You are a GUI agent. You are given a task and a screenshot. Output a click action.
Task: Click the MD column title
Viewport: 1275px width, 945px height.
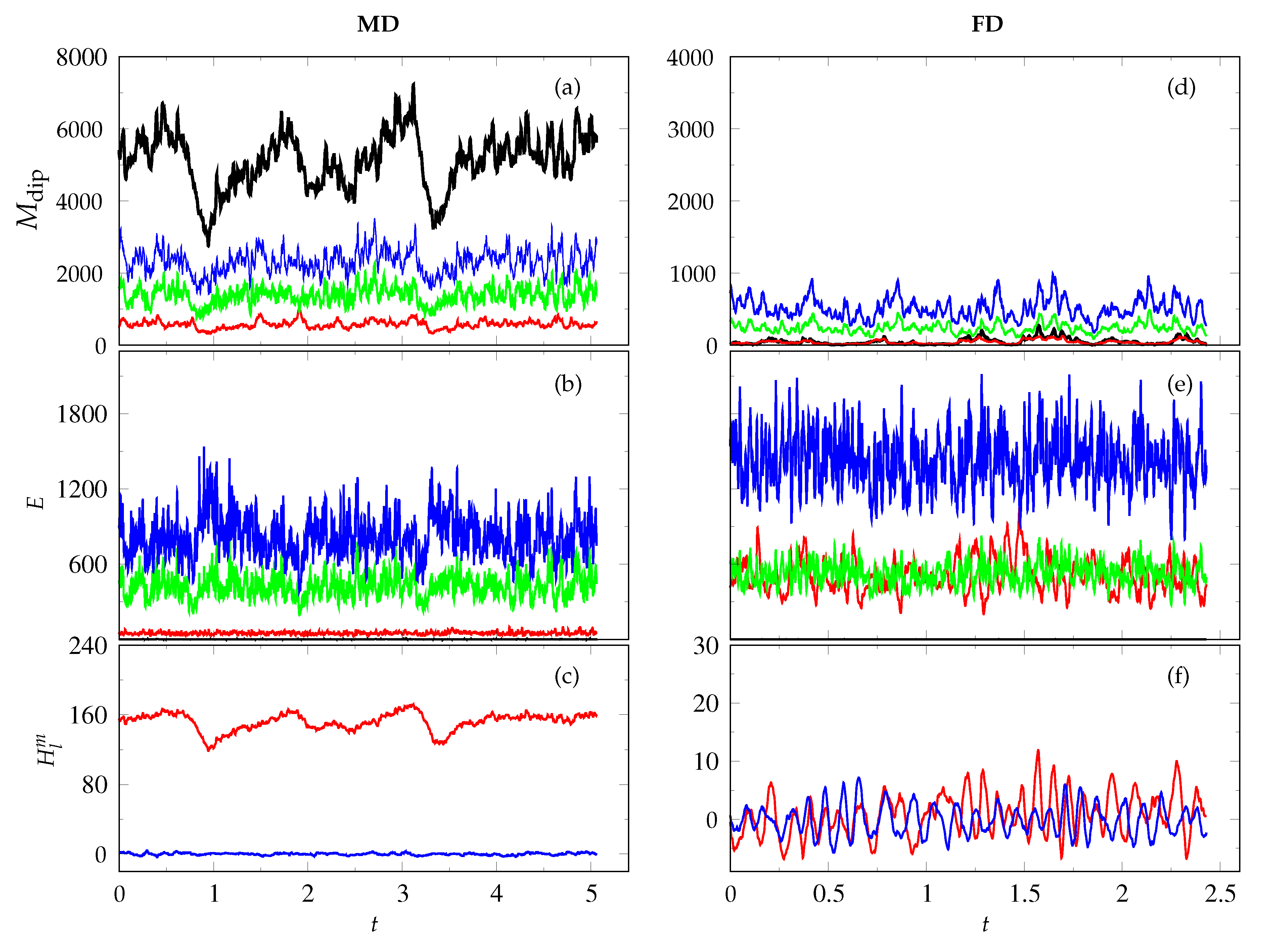(x=378, y=24)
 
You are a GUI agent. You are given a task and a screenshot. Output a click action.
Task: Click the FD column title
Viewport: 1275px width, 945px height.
(x=987, y=24)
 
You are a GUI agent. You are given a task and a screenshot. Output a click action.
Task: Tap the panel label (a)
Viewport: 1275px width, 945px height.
(x=567, y=88)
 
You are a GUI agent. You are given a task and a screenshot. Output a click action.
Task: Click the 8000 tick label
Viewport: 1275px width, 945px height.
(x=81, y=58)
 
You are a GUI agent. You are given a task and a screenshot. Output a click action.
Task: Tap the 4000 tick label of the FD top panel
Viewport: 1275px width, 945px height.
(x=690, y=58)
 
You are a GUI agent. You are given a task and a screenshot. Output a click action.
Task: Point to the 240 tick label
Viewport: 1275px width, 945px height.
(x=88, y=646)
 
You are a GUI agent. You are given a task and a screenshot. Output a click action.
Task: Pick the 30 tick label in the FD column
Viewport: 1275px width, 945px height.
(x=705, y=646)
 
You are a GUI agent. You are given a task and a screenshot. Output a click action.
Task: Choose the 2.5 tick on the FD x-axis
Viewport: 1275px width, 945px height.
(x=1220, y=894)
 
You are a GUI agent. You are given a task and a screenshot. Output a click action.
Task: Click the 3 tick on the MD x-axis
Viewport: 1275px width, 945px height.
(x=402, y=894)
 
